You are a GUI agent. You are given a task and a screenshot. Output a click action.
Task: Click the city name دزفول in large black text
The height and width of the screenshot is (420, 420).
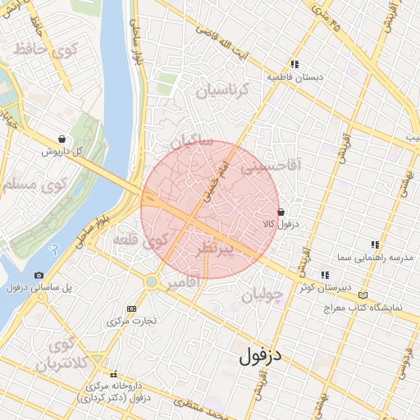coord(261,357)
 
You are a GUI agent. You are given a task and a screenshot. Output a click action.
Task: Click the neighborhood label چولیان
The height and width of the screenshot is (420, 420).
coord(261,292)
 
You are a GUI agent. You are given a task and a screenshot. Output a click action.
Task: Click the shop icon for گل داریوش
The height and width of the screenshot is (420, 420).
coord(62,139)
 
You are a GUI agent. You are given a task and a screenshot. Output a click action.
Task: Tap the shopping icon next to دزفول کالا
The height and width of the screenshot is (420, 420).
coord(281,212)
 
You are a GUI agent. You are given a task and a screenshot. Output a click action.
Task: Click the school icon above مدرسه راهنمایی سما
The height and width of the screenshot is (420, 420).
coord(375,244)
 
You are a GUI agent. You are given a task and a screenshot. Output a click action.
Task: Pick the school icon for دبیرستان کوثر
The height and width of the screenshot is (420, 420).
coord(326,275)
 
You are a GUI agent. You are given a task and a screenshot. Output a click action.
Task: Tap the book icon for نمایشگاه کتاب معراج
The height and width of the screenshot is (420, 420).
coord(364,295)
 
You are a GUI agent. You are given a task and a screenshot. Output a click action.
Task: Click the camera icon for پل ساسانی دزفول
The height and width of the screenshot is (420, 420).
coord(39,275)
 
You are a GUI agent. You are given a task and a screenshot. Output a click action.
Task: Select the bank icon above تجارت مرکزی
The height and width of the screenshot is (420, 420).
coord(131,308)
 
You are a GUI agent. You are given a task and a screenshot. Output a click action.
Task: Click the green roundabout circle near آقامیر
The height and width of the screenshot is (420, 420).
coord(151,282)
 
